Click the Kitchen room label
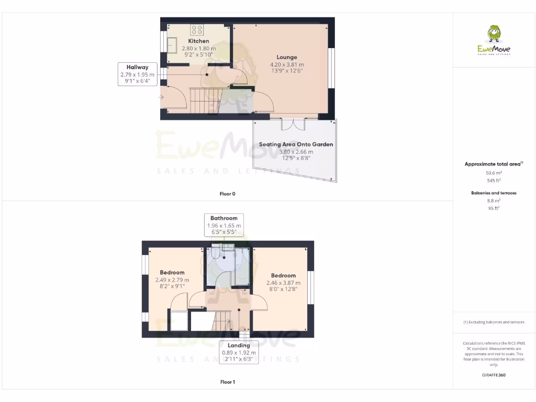[198, 41]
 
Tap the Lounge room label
[286, 57]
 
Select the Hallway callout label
[137, 67]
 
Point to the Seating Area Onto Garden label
[296, 144]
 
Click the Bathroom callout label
[224, 218]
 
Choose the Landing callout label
[238, 345]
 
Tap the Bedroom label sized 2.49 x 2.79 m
[172, 272]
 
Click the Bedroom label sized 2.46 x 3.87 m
[283, 275]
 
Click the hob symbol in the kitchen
[197, 29]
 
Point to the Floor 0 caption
[227, 194]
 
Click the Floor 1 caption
[227, 382]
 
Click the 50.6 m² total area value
[494, 172]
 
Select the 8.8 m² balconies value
[494, 200]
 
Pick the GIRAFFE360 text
[494, 375]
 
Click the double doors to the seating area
[293, 125]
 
